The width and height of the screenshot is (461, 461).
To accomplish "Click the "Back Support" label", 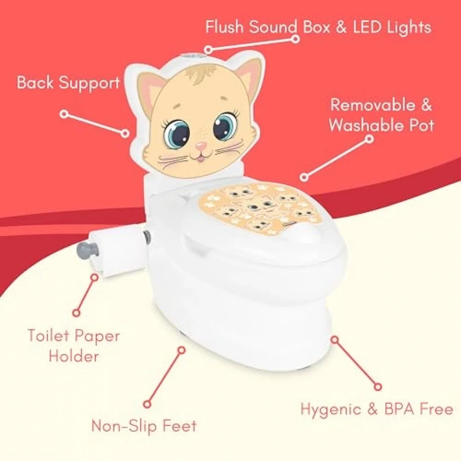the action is tap(68, 83).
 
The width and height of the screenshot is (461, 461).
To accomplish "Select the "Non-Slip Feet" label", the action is tap(144, 426).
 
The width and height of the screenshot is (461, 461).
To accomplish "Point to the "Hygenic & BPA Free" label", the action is tap(377, 409).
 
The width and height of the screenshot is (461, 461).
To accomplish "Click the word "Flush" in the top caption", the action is tap(225, 27).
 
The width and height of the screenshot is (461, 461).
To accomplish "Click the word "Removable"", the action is tap(375, 105).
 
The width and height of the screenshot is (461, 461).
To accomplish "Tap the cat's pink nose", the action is tap(201, 145).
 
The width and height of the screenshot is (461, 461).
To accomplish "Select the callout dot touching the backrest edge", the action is tap(125, 134).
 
